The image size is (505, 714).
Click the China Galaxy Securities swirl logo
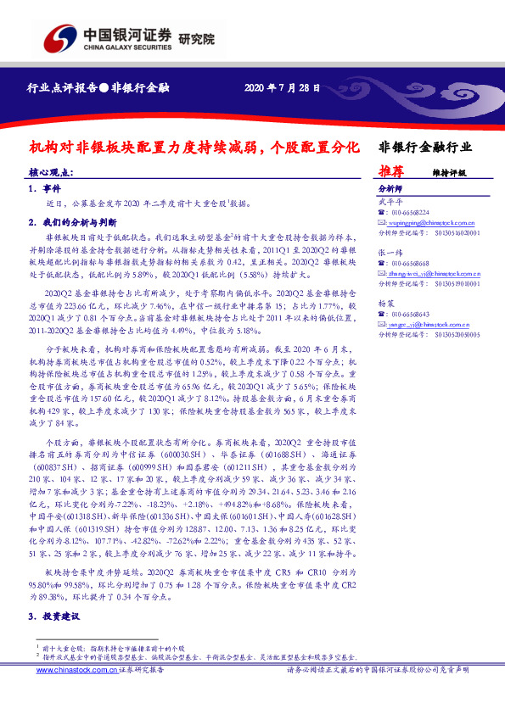pos(59,39)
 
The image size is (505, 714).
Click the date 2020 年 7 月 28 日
pos(282,87)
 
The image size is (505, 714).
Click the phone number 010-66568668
pos(412,264)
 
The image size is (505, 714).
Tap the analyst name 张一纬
pos(386,254)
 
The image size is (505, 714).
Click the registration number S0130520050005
pos(449,336)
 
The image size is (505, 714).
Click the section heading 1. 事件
pos(44,188)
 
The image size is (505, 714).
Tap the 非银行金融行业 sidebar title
pos(424,147)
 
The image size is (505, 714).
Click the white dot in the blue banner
pos(103,87)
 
